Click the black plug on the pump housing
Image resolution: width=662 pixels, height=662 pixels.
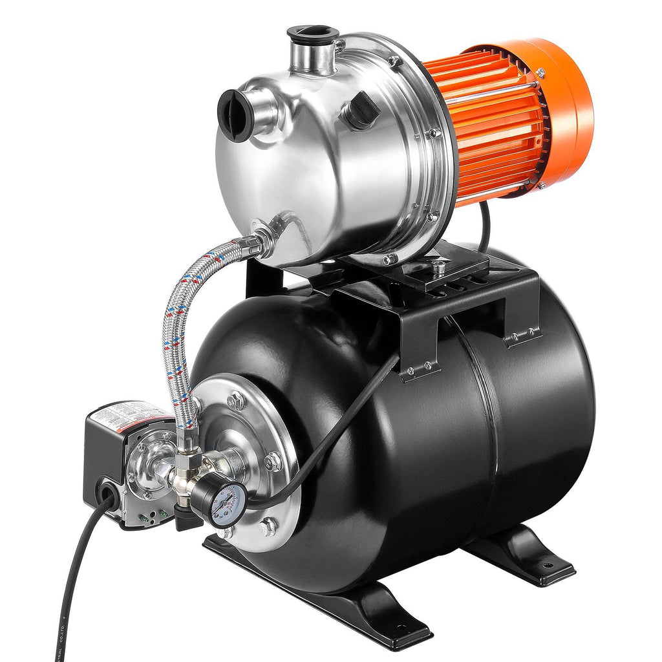click(359, 110)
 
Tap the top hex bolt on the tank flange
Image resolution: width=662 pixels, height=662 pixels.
click(236, 400)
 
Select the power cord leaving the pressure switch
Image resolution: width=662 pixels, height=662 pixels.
click(71, 582)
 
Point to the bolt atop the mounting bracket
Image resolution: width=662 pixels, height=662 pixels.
click(440, 266)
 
